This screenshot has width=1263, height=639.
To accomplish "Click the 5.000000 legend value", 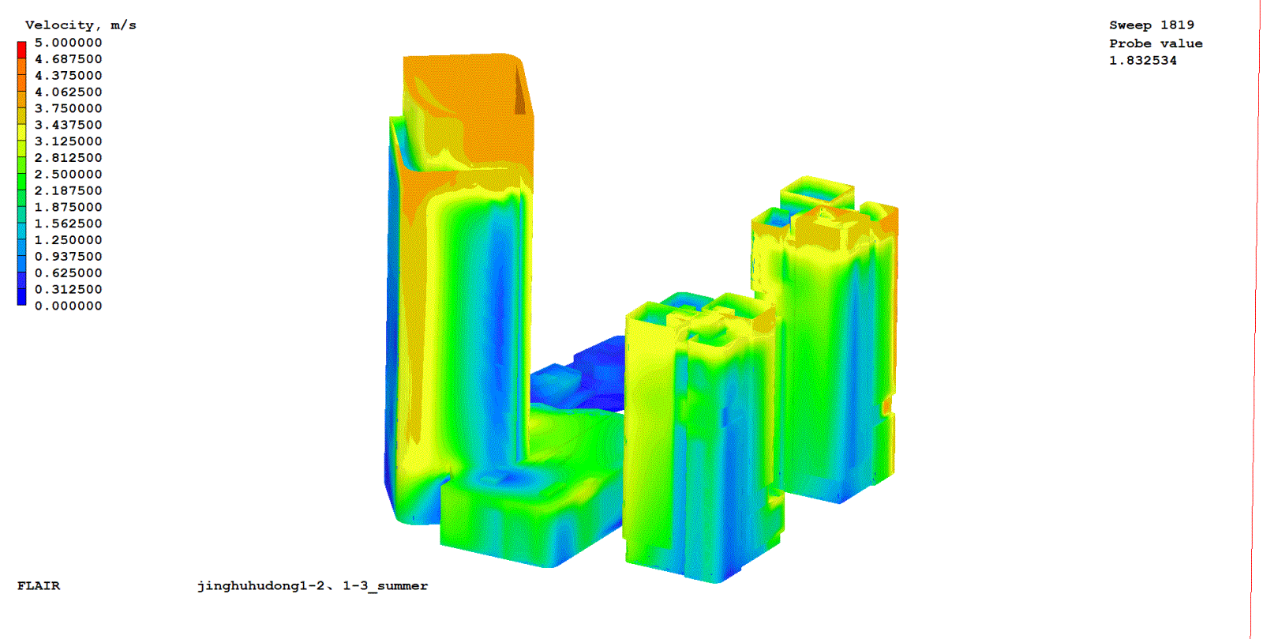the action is point(68,43).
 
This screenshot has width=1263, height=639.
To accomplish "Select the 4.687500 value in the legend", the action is point(68,59).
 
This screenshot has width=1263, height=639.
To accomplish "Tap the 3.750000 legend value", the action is point(68,108).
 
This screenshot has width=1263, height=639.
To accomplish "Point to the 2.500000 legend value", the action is point(68,175).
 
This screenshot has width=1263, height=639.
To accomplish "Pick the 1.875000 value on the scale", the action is point(68,207).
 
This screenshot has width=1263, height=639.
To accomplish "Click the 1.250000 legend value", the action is point(68,240).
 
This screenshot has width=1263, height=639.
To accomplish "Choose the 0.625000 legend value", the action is point(68,273).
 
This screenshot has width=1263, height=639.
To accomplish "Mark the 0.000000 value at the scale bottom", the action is point(68,306).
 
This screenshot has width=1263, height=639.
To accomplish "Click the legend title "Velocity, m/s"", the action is point(81,25).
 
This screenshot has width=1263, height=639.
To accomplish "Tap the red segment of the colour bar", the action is point(21,50).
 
